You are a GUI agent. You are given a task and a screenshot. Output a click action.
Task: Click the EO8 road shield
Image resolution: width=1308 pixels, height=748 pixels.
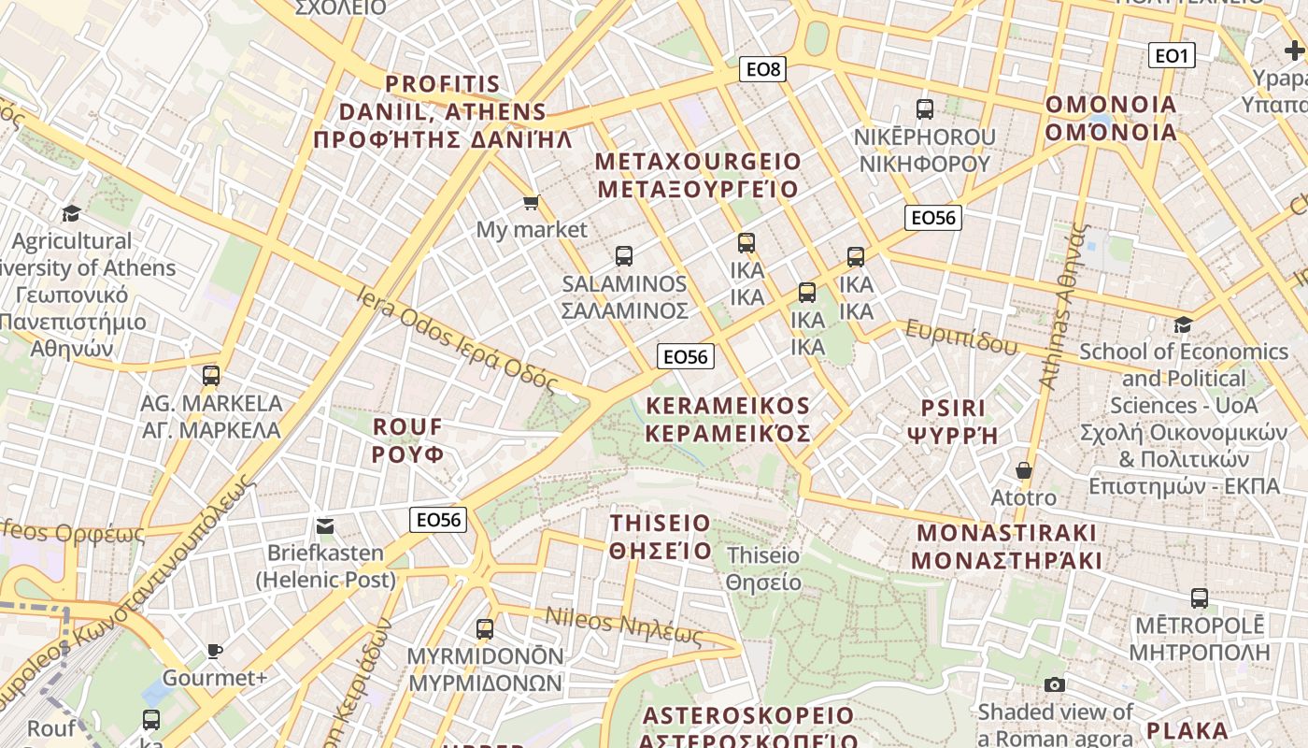tap(762, 69)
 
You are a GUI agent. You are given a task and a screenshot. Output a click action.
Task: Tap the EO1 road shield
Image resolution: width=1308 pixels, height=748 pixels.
tap(1172, 56)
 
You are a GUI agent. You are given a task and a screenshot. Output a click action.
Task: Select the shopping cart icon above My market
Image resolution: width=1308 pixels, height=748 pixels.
tap(532, 202)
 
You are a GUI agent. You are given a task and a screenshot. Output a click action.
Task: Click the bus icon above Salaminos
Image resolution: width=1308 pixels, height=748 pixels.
tap(624, 255)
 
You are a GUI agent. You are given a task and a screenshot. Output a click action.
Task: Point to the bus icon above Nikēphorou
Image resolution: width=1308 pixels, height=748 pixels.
tap(925, 109)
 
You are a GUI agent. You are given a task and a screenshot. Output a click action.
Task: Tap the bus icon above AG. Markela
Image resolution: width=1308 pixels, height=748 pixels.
tap(211, 376)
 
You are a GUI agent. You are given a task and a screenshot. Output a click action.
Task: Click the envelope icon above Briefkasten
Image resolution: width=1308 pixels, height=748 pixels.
tap(325, 526)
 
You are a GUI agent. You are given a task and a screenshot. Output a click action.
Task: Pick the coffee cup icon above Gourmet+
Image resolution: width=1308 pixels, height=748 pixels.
tap(215, 651)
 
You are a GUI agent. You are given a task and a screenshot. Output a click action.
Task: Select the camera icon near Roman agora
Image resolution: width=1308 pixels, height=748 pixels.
tap(1055, 685)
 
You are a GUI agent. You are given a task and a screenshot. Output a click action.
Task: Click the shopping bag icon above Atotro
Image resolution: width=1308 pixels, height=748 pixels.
tap(1024, 470)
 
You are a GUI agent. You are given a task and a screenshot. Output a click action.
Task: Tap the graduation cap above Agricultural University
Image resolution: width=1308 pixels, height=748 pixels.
tap(71, 214)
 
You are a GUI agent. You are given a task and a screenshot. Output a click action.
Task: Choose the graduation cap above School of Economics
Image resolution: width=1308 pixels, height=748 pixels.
tap(1183, 324)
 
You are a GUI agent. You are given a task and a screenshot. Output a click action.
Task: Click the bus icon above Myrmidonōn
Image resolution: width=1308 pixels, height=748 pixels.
tap(485, 629)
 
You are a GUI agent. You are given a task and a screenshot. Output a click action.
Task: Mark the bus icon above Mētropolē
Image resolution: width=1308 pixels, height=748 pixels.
tap(1200, 598)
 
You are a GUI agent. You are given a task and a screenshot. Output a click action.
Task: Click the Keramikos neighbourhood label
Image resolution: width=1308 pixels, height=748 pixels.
tap(728, 420)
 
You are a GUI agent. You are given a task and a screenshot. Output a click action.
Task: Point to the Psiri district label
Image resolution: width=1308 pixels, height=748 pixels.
tap(954, 422)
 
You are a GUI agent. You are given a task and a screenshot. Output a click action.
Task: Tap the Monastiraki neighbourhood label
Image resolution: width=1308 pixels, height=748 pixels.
tap(1006, 547)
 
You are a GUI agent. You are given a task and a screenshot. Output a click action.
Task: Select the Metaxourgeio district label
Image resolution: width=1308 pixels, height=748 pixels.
tap(698, 176)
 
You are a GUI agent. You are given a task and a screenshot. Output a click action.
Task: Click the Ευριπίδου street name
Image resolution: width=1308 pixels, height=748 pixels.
tap(961, 338)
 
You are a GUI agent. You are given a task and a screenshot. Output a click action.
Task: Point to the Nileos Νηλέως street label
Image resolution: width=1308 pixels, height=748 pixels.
tap(623, 626)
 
